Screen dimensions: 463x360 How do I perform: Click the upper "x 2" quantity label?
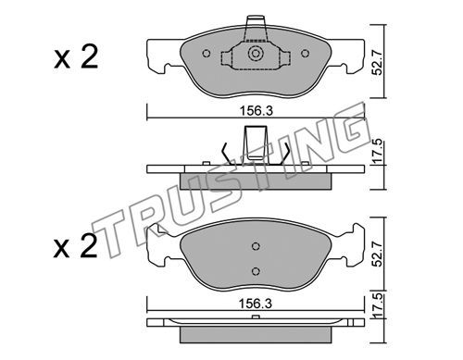(76, 56)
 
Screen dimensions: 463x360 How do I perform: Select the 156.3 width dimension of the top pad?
(257, 111)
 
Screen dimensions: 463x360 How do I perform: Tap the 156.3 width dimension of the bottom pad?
(256, 304)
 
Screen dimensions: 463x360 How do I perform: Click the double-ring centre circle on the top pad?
(256, 54)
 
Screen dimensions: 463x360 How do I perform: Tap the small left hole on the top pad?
(206, 54)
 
